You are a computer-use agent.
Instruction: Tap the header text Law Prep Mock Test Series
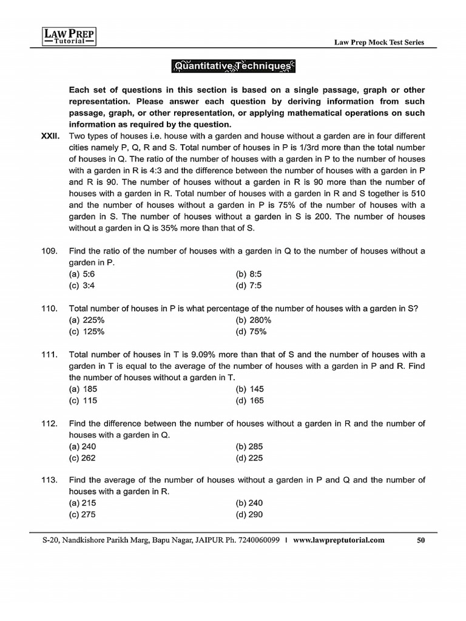(380, 42)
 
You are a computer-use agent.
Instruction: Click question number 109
(50, 251)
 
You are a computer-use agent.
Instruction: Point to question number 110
(50, 309)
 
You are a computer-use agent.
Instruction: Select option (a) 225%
(87, 320)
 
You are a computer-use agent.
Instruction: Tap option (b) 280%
(253, 320)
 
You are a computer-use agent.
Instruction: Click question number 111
(50, 355)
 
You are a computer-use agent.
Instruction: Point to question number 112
(50, 423)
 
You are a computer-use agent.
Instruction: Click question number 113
(50, 480)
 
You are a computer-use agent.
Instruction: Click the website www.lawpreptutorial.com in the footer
(339, 541)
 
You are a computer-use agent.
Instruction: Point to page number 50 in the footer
(420, 541)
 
